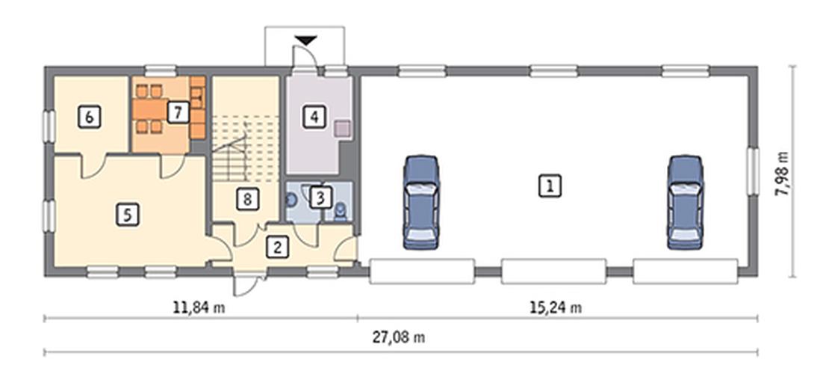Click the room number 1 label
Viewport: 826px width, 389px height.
[550, 186]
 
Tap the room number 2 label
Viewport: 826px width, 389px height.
[277, 247]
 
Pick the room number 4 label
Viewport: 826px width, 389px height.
[314, 117]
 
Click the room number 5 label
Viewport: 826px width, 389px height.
[127, 215]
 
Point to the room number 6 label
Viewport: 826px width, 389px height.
[89, 117]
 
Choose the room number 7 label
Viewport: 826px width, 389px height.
[178, 112]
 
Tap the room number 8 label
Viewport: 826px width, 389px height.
[248, 200]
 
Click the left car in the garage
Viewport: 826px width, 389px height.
[421, 202]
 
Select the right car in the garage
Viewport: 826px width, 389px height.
[685, 202]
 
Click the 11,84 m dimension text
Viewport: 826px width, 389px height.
[199, 307]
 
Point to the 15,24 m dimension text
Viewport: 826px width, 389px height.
[556, 307]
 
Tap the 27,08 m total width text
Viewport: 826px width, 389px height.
[399, 338]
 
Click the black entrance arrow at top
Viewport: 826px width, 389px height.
[305, 40]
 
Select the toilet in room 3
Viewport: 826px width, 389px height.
[341, 211]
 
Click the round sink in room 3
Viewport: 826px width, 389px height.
[291, 199]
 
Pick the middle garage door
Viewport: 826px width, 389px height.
[553, 272]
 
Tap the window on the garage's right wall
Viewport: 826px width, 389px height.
[754, 171]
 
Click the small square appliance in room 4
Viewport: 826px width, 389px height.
[343, 128]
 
